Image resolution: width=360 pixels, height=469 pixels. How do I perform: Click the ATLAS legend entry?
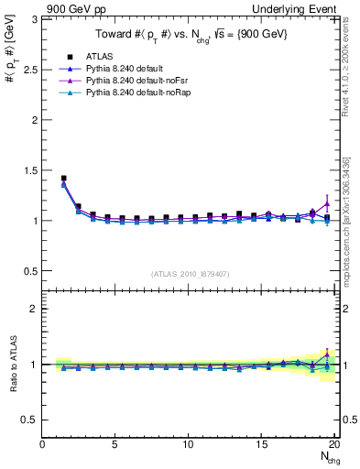[99, 56]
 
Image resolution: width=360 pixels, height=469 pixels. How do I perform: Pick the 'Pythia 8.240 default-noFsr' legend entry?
[137, 82]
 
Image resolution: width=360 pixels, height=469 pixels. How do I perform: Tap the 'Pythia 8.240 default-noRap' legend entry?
[138, 94]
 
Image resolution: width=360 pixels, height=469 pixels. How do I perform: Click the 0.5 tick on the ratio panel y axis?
[30, 420]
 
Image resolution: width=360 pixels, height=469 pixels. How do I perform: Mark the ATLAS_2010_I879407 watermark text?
[190, 273]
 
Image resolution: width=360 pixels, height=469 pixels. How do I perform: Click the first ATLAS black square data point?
[63, 179]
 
